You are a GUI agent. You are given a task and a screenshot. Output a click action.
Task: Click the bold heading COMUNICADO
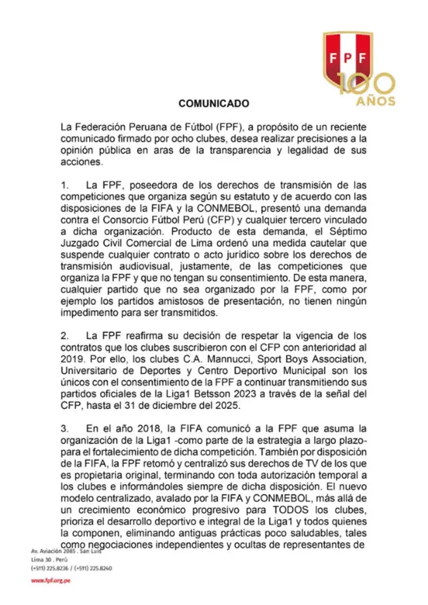(x=213, y=103)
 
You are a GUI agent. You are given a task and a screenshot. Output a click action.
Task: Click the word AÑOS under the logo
(x=376, y=101)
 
